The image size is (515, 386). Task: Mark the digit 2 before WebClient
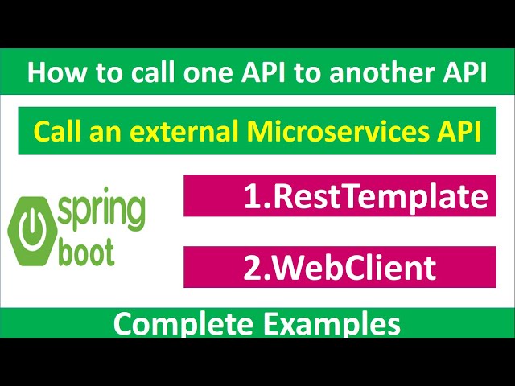252,267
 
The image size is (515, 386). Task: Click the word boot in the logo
86,251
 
